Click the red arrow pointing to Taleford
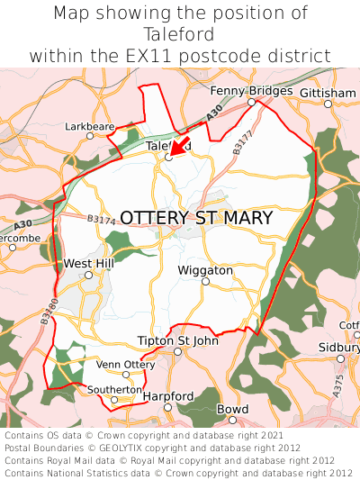(180, 145)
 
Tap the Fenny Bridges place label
(251, 91)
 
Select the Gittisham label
(328, 93)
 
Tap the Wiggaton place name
(205, 270)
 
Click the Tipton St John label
(177, 340)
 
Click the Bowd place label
(232, 410)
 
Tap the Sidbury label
(340, 347)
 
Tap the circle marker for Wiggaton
(205, 282)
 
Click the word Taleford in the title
(180, 34)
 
